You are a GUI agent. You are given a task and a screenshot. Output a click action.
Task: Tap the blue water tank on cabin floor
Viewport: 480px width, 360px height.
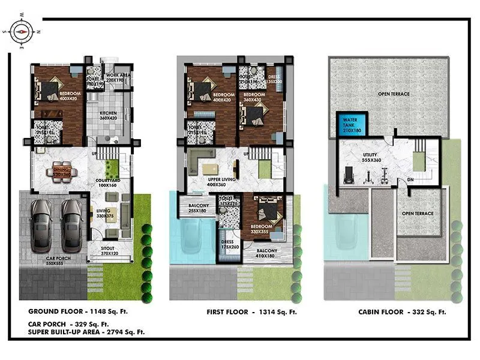[x=350, y=124]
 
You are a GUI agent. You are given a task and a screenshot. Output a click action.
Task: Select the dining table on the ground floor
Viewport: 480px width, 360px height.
[x=62, y=170]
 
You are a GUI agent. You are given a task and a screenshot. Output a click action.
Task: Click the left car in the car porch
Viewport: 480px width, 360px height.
[x=42, y=225]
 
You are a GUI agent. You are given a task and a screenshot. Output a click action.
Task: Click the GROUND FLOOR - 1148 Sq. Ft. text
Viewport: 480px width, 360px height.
[x=78, y=311]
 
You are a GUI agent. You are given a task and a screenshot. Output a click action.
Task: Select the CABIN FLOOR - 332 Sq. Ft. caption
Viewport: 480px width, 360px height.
[x=403, y=312]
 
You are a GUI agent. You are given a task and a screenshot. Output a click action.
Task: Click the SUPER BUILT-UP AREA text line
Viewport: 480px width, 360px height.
[x=86, y=331]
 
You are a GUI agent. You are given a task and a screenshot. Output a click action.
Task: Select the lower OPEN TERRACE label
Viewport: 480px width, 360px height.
[x=418, y=214]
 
